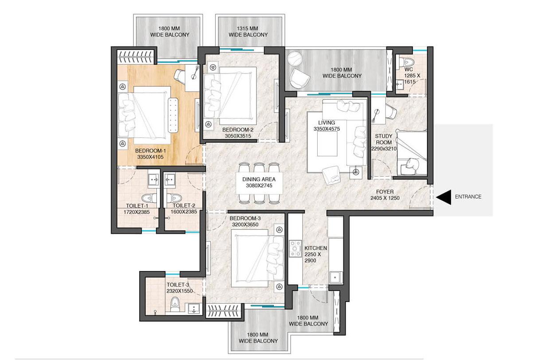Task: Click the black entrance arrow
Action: click(x=444, y=197)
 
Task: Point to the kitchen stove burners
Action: click(x=295, y=249)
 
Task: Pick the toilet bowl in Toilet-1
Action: click(x=147, y=197)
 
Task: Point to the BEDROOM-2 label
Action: click(x=237, y=130)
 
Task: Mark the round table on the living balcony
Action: click(x=294, y=59)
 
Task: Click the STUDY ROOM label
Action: click(x=384, y=139)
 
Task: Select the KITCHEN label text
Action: click(x=316, y=248)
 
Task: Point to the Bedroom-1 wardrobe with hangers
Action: click(x=137, y=56)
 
